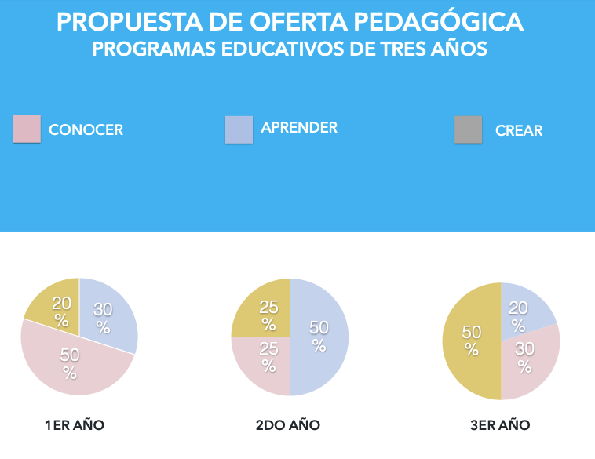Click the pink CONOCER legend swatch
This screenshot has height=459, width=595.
[x=27, y=129]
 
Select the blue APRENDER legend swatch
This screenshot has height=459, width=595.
[x=239, y=129]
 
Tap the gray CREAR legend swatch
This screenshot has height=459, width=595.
[x=468, y=129]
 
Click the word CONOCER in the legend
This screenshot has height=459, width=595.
[x=86, y=130]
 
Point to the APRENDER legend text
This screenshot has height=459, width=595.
[x=299, y=127]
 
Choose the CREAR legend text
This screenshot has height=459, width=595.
[x=519, y=131]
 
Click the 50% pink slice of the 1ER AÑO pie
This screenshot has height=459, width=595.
[x=71, y=363]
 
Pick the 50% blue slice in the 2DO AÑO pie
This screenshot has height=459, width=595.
[x=320, y=337]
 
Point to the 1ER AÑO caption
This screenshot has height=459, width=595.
[x=75, y=425]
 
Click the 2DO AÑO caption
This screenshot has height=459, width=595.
[x=288, y=425]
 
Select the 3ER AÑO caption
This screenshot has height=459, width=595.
[x=500, y=425]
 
